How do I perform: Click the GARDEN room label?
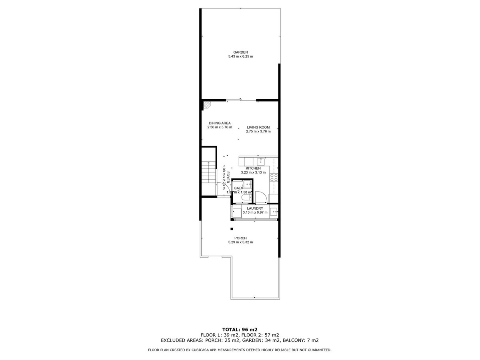pyautogui.click(x=241, y=52)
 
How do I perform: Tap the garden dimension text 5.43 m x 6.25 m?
pyautogui.click(x=241, y=56)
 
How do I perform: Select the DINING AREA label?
pyautogui.click(x=219, y=123)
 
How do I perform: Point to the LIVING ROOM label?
pyautogui.click(x=258, y=127)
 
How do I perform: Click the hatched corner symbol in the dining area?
pyautogui.click(x=207, y=105)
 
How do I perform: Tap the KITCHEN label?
pyautogui.click(x=253, y=168)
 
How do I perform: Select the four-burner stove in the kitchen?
pyautogui.click(x=274, y=178)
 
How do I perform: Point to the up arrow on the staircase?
pyautogui.click(x=208, y=164)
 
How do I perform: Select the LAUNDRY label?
pyautogui.click(x=255, y=208)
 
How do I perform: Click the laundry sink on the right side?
pyautogui.click(x=274, y=212)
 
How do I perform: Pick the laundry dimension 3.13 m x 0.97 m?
pyautogui.click(x=255, y=212)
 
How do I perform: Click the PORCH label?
pyautogui.click(x=240, y=238)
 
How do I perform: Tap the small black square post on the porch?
pyautogui.click(x=232, y=229)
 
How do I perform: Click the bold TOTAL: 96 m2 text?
pyautogui.click(x=240, y=329)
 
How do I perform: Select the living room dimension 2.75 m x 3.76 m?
pyautogui.click(x=258, y=132)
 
